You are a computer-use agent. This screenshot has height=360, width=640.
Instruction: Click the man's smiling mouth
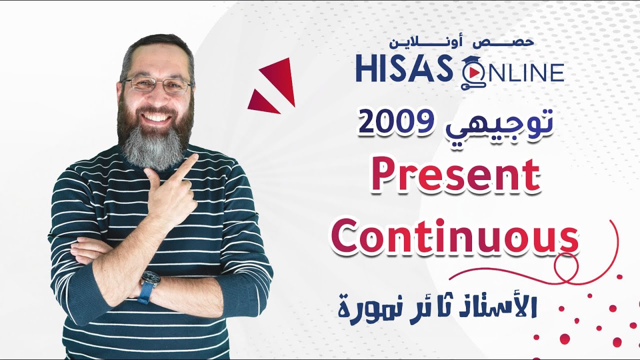pos(156,118)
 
